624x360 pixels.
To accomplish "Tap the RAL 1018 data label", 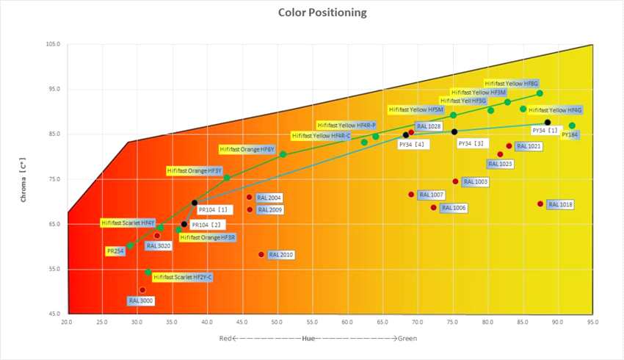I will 559,204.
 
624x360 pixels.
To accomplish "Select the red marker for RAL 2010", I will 261,254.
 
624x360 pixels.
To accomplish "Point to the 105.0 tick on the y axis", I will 52,44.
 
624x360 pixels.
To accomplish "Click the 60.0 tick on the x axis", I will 347,322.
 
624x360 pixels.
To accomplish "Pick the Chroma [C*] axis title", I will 24,179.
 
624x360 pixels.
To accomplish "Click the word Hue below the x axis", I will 311,339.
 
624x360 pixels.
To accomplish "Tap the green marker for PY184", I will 572,126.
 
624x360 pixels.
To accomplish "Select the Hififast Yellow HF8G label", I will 512,83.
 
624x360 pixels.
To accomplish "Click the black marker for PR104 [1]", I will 195,203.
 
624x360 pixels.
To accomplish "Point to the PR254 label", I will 115,251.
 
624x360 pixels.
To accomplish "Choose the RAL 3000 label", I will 140,300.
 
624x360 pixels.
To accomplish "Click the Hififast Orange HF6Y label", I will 247,149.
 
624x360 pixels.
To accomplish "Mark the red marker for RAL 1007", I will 411,194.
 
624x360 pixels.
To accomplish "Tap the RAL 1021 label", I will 529,146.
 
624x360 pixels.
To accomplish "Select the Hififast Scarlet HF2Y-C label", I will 183,277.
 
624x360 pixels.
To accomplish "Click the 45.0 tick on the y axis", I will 54,314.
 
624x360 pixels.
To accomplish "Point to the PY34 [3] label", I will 474,143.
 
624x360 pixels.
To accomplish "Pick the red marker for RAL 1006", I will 434,207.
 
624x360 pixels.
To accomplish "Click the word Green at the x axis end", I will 408,339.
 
